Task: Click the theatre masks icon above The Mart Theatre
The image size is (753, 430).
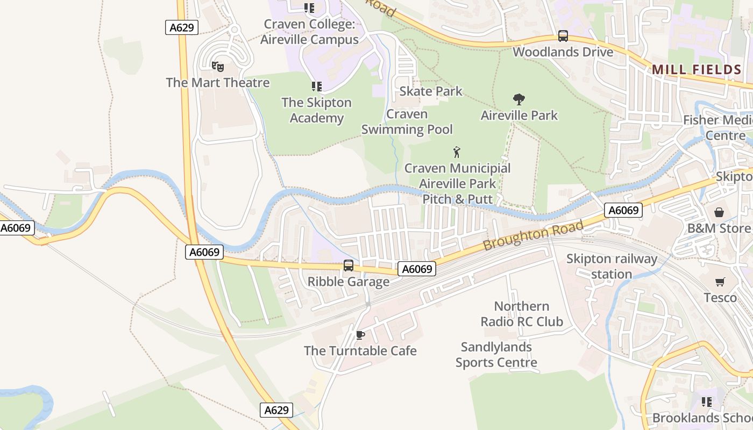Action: (217, 67)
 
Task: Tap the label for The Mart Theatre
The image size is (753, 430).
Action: (217, 83)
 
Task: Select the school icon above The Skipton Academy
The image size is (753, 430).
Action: (316, 87)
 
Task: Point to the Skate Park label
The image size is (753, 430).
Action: (431, 91)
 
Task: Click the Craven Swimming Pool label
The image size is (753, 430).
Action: (407, 121)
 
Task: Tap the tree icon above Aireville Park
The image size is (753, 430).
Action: (519, 99)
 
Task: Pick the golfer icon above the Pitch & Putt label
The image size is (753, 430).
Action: (457, 152)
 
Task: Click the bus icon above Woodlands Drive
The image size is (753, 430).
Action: (563, 36)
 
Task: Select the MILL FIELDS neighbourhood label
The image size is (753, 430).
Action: (697, 69)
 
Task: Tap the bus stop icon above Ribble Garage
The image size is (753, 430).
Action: (349, 266)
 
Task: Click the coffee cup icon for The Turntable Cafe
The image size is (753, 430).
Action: (360, 335)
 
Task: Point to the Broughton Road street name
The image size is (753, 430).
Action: (532, 235)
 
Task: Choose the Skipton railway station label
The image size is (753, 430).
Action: (612, 267)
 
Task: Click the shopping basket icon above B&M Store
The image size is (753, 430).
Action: (719, 212)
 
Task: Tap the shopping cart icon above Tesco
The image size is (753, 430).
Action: (720, 282)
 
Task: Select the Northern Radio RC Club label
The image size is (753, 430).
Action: (522, 314)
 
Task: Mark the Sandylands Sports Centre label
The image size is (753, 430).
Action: (496, 355)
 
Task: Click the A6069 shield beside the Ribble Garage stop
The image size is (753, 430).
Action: (417, 269)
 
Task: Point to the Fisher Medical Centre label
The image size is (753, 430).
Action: (719, 127)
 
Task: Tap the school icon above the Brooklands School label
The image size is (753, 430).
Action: (706, 402)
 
